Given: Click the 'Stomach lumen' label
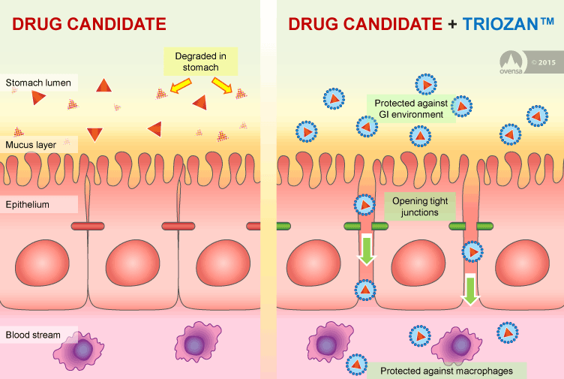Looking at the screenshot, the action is coord(38,83).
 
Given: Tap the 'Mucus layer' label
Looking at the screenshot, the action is coord(31,145).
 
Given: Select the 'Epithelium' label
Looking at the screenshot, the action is coord(27,204).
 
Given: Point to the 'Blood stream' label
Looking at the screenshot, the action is coord(33,335).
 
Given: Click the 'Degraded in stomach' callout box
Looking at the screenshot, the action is coord(201,62).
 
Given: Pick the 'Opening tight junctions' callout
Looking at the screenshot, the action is coord(420,206).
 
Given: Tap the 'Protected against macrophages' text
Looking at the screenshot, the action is coord(447,371).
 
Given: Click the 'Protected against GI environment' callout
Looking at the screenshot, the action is coord(411,109).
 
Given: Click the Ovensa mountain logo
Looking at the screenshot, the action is coord(511,62).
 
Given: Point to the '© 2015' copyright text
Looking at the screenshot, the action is coord(544,62).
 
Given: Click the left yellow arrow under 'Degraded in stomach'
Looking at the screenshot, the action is coord(180,86).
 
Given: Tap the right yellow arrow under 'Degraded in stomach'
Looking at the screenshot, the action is coord(222,86).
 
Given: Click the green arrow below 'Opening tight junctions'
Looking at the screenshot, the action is coord(367,249).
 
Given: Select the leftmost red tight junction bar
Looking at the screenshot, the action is coord(88,226).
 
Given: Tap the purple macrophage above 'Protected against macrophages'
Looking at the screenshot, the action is coord(457,346).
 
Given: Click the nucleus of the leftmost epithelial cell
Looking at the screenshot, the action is coord(42,263).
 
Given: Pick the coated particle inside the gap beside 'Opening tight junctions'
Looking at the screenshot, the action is coord(364,205).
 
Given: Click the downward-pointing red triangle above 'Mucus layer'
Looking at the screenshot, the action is coord(94,134).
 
